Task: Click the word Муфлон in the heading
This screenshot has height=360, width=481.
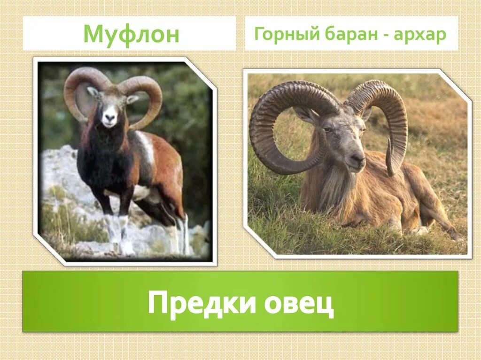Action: coord(131,34)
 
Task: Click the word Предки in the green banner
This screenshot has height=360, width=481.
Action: coord(202,303)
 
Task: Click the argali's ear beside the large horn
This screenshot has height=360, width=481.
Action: coord(306,115)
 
